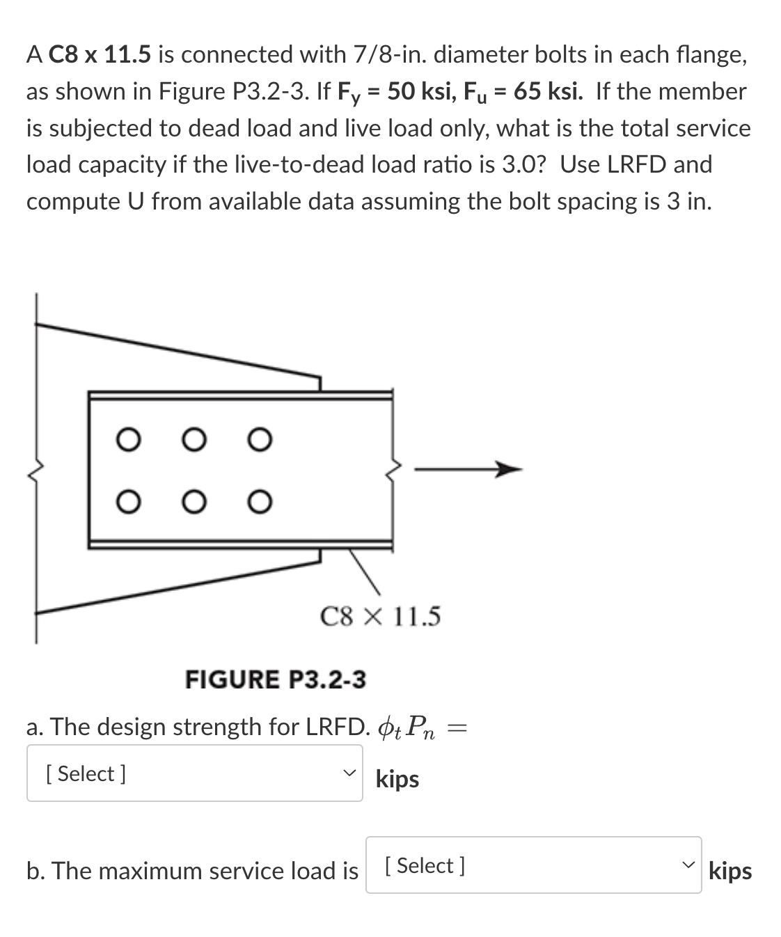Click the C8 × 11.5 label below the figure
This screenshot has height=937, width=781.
380,617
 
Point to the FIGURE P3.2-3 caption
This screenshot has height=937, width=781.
275,679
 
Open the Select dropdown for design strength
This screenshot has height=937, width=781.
194,773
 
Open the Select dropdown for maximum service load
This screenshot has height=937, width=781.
533,865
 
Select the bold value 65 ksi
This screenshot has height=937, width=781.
546,91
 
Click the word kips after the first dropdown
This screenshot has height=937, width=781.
397,779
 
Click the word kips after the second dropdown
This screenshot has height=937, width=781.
730,871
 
